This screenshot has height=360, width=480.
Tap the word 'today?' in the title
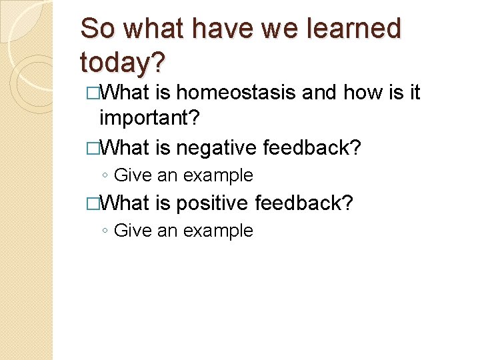(123, 62)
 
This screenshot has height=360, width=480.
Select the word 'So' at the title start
(97, 29)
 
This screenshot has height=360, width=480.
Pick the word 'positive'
(215, 203)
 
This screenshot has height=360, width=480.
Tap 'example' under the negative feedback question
(218, 176)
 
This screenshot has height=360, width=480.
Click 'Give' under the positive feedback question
(133, 231)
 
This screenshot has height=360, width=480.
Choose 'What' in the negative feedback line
(126, 147)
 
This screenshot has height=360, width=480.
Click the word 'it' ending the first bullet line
(414, 93)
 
